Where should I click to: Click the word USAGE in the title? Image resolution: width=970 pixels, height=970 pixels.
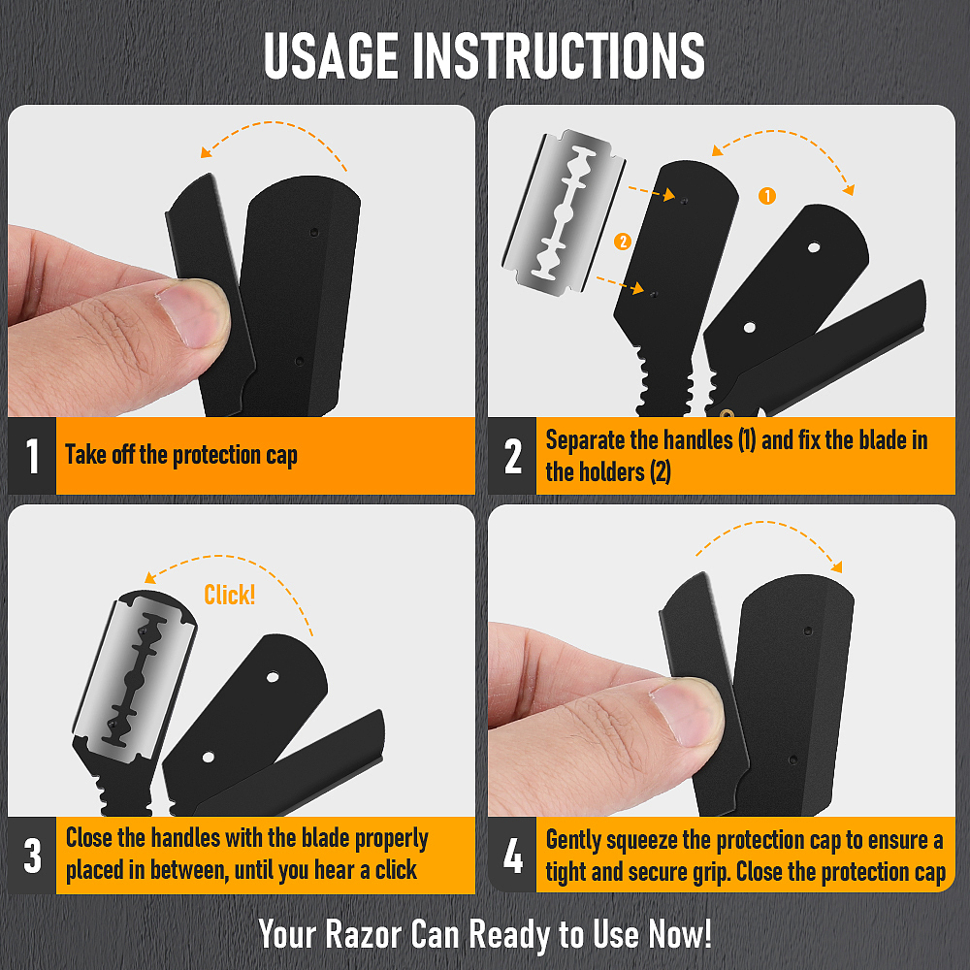(x=331, y=55)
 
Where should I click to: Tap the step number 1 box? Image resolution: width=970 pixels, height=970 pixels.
(x=32, y=456)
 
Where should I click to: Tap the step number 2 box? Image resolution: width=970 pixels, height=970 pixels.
(x=512, y=456)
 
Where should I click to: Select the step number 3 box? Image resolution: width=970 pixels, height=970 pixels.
(x=32, y=856)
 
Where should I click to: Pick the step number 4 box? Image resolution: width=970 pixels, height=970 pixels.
(x=512, y=856)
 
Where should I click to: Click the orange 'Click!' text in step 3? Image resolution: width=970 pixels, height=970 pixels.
(x=230, y=595)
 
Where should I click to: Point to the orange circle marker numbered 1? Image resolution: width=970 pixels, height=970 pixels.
(x=767, y=196)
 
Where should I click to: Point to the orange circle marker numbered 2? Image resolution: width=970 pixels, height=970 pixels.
(x=623, y=242)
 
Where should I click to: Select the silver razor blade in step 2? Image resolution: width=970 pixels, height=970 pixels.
(x=564, y=212)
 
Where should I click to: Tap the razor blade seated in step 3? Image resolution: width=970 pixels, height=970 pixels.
(x=134, y=679)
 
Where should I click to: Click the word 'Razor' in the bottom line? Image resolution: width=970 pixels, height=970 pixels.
(x=364, y=933)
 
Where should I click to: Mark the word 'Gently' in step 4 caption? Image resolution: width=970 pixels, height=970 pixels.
(x=573, y=841)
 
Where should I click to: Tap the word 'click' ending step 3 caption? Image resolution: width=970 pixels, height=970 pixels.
(x=396, y=870)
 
